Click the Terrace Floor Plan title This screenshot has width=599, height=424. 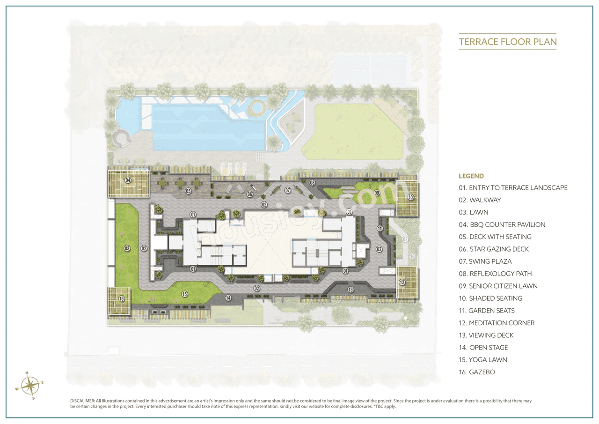pyautogui.click(x=508, y=42)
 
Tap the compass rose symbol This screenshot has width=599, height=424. pyautogui.click(x=30, y=386)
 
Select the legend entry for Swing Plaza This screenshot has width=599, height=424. pyautogui.click(x=489, y=261)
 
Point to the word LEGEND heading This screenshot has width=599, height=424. pyautogui.click(x=471, y=176)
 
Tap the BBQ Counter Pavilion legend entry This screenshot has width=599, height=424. pyautogui.click(x=502, y=224)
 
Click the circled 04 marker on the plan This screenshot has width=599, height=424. pyautogui.click(x=128, y=180)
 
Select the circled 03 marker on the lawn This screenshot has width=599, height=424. pyautogui.click(x=127, y=248)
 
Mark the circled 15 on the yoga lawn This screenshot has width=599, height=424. pyautogui.click(x=185, y=294)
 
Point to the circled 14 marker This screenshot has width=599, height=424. pyautogui.click(x=228, y=298)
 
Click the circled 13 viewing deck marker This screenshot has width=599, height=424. pyautogui.click(x=351, y=290)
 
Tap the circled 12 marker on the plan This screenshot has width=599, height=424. pyautogui.click(x=402, y=283)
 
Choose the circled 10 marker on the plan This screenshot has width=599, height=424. pyautogui.click(x=410, y=197)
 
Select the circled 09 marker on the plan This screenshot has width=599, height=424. pyautogui.click(x=377, y=193)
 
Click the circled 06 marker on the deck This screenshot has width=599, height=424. pyautogui.click(x=250, y=194)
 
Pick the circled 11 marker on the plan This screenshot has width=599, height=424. pyautogui.click(x=380, y=228)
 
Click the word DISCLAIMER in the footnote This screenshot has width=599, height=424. pyautogui.click(x=82, y=401)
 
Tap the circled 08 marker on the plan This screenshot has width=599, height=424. pyautogui.click(x=312, y=182)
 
